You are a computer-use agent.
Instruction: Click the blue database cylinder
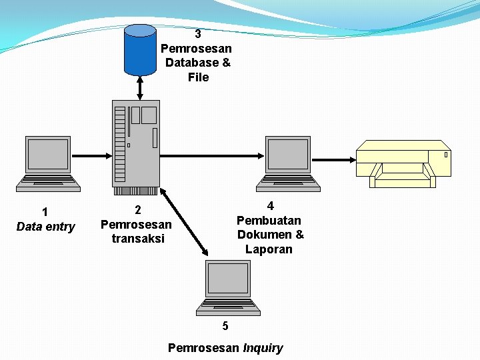[140, 49]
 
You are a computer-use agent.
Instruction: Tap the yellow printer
[403, 163]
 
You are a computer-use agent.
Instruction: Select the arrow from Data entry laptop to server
[92, 156]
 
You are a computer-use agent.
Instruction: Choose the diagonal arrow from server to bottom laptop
[184, 223]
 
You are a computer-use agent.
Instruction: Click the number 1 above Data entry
[45, 212]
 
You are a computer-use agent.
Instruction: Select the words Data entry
[45, 227]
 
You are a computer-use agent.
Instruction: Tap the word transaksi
[137, 239]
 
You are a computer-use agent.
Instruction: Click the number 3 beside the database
[198, 34]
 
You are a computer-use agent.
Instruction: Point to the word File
[198, 77]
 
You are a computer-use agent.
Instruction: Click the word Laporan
[269, 249]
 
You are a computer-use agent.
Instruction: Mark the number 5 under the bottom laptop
[225, 326]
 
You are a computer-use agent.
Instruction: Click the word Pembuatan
[269, 220]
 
